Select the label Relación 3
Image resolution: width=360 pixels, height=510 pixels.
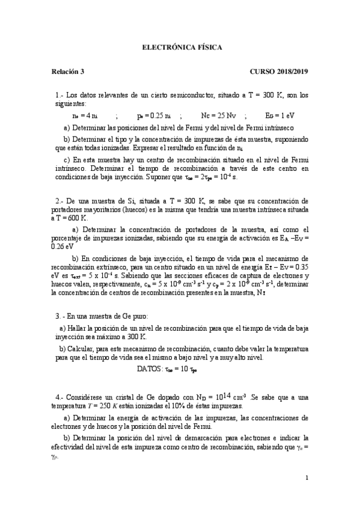[x=68, y=72]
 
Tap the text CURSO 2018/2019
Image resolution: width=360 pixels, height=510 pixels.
[x=279, y=72]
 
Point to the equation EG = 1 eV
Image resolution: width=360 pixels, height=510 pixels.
[x=280, y=115]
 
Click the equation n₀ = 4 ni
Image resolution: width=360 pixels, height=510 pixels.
[x=85, y=115]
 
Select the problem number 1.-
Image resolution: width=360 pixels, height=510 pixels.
[x=59, y=94]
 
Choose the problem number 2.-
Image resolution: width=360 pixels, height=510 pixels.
[x=59, y=200]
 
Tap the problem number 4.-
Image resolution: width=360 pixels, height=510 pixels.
[x=59, y=398]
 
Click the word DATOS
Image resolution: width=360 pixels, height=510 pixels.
[x=148, y=369]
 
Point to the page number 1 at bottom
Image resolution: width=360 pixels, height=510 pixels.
[x=307, y=478]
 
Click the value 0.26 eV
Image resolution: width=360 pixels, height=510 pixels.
[x=63, y=246]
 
